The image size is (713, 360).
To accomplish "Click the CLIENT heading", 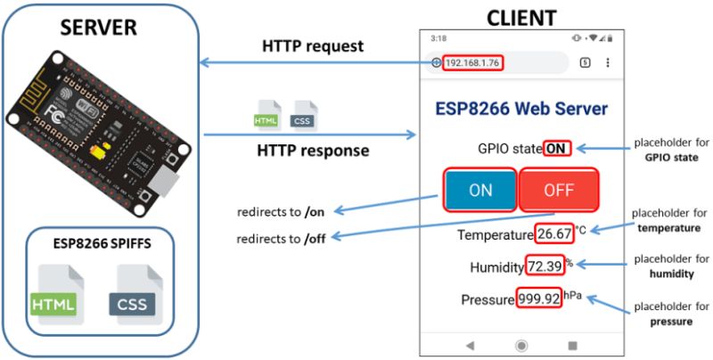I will coord(521,17).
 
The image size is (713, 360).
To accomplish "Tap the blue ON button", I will coord(480,189).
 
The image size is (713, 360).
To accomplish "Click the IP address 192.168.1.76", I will coord(472,62).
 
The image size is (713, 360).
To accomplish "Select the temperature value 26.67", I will coord(554,235).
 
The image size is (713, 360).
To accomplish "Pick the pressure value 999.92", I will coord(538,299).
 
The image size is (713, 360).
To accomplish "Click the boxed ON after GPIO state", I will coord(556,148).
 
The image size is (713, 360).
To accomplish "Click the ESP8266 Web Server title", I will coord(521,109).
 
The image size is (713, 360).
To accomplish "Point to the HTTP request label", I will coord(313,45).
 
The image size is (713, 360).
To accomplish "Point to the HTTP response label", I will coord(313,151).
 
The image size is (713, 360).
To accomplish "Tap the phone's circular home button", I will coord(521,345).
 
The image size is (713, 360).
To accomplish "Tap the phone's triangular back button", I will coord(470,345).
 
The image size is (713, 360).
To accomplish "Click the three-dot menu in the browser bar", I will coord(608,62).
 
